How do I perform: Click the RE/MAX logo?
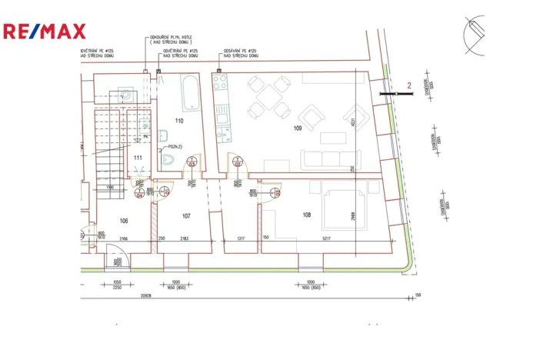pyautogui.click(x=44, y=32)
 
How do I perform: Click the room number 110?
pyautogui.click(x=178, y=122)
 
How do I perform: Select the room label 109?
pyautogui.click(x=298, y=128)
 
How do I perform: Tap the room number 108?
pyautogui.click(x=306, y=215)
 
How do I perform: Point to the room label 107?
pyautogui.click(x=186, y=216)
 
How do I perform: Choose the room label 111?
pyautogui.click(x=138, y=158)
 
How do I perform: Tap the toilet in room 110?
pyautogui.click(x=170, y=159)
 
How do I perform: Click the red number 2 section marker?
pyautogui.click(x=409, y=86)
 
